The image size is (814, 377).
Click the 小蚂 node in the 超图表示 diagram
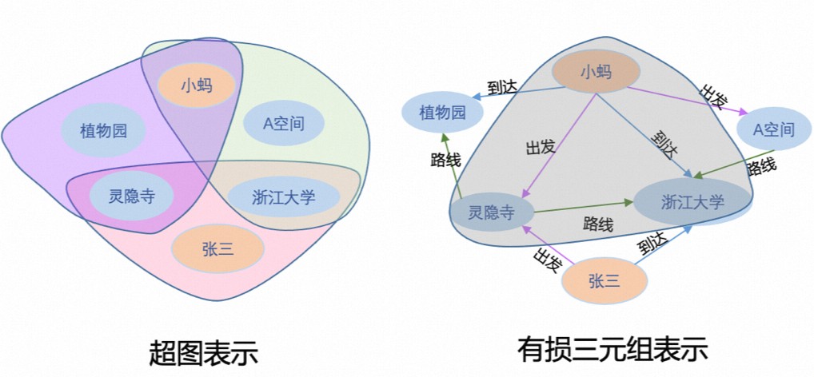(x=196, y=84)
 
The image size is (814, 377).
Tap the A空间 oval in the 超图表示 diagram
(x=284, y=124)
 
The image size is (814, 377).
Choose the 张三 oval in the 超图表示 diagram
(x=217, y=248)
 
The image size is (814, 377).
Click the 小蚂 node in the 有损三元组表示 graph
(x=596, y=72)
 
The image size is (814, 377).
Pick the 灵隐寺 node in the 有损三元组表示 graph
(x=490, y=212)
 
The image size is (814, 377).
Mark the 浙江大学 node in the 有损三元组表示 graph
(x=692, y=201)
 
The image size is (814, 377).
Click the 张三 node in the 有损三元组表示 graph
(x=605, y=281)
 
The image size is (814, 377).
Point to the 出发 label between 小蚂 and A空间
(x=714, y=97)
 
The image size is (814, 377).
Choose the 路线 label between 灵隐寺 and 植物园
(x=445, y=160)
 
